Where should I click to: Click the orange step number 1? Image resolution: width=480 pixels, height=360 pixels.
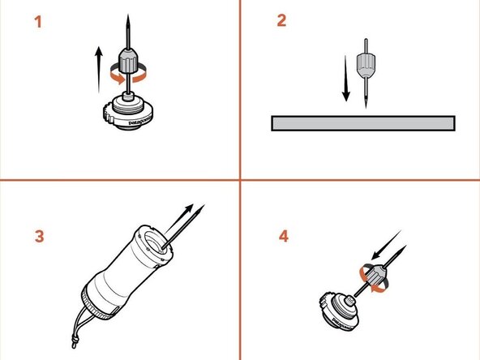(37, 22)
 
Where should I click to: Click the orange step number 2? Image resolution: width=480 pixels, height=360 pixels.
(281, 22)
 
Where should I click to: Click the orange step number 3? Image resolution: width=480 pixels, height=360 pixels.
(39, 237)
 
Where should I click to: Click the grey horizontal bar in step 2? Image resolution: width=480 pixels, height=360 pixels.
(363, 123)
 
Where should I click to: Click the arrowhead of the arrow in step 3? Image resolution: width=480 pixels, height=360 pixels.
(201, 208)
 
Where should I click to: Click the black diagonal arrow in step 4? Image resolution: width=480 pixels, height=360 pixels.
(393, 247)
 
